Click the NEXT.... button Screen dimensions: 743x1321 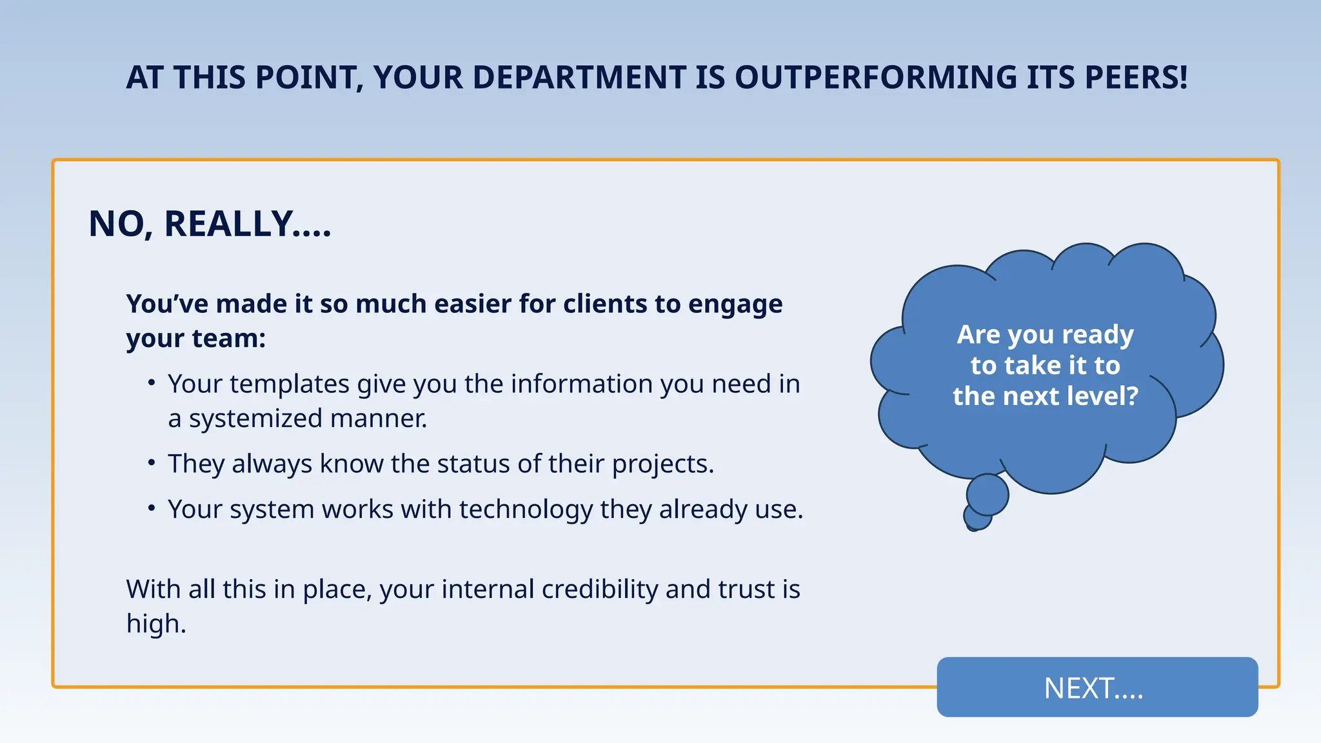pos(1097,688)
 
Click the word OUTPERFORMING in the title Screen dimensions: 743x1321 pos(875,78)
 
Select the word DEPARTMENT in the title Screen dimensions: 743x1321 pos(579,78)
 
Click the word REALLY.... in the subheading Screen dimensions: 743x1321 pos(248,224)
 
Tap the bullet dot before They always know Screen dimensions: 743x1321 pos(152,463)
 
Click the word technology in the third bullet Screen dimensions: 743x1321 pos(526,510)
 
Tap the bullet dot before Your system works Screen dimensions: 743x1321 pos(152,509)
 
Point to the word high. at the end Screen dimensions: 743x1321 pos(156,624)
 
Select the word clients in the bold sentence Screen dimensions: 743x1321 pos(605,304)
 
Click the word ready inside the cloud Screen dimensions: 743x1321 pos(1097,335)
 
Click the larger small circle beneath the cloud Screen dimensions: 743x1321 pos(987,495)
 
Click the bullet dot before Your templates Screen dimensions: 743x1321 pos(152,383)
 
